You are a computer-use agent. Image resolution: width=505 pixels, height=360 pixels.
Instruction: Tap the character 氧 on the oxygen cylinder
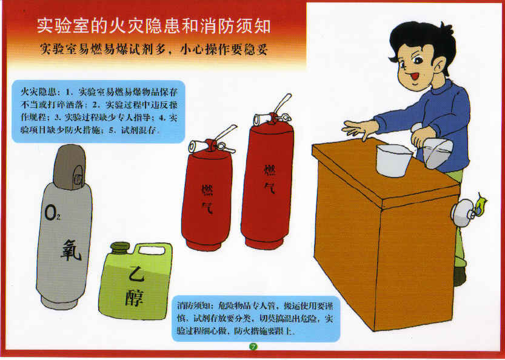tap(72, 250)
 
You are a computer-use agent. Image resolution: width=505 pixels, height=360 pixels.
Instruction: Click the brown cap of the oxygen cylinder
tap(69, 167)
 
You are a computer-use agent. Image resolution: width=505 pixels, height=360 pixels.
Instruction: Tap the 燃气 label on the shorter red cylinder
tap(207, 199)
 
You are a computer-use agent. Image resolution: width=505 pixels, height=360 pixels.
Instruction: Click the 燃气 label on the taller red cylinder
tap(269, 178)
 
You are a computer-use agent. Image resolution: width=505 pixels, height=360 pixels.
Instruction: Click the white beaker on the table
tap(393, 160)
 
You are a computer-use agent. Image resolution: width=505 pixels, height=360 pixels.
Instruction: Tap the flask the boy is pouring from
tap(434, 150)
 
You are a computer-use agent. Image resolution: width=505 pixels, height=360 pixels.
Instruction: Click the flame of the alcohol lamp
tap(481, 204)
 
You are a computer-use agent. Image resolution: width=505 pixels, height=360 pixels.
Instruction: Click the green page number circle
tap(253, 347)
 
